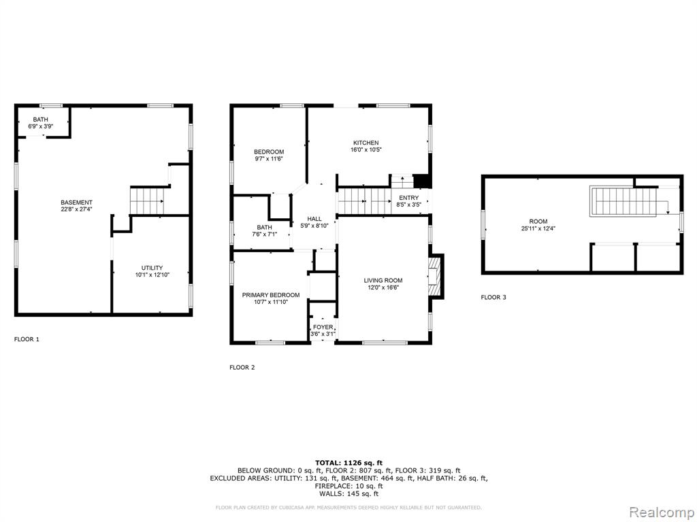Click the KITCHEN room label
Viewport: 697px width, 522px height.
[366, 143]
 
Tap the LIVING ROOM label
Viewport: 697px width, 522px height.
[383, 280]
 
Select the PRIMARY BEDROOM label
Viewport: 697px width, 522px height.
[271, 295]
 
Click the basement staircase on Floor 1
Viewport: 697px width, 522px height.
[147, 201]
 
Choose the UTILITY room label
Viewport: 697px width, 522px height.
[152, 268]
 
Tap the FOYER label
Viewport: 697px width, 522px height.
[323, 327]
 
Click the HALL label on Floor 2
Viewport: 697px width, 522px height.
[314, 218]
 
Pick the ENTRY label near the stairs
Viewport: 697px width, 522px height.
[408, 198]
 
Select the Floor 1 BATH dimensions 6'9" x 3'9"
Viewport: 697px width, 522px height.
[40, 126]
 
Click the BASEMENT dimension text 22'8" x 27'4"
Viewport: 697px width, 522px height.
[76, 209]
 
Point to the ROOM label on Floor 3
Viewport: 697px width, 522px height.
[538, 221]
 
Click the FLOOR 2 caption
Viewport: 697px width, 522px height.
[242, 367]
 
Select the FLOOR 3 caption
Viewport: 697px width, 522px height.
[493, 297]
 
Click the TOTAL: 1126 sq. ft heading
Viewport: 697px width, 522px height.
[348, 462]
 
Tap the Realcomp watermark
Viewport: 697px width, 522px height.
[660, 512]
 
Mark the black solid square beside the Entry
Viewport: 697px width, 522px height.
[421, 181]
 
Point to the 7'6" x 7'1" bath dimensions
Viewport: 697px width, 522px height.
[264, 234]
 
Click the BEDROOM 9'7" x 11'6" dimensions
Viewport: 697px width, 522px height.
[269, 158]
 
